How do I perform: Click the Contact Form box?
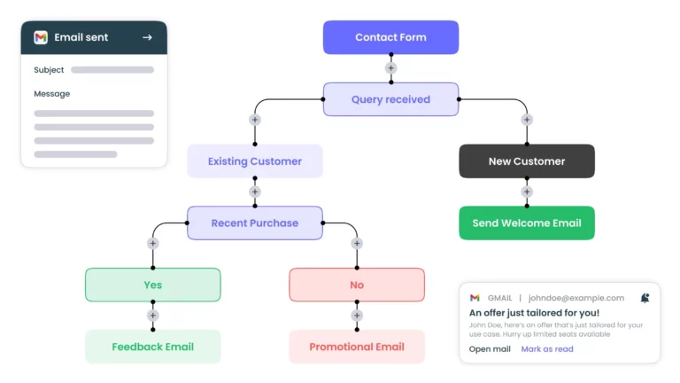click(x=390, y=37)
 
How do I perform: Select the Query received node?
click(x=390, y=99)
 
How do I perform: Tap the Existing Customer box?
click(x=255, y=161)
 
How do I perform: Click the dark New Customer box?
click(x=527, y=161)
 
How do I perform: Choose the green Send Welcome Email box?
click(x=527, y=223)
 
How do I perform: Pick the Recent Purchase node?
click(x=255, y=223)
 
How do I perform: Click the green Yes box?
click(x=152, y=285)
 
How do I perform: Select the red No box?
click(x=357, y=285)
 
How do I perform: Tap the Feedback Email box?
click(x=152, y=347)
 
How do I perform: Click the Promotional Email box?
click(x=357, y=347)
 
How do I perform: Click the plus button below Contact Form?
click(x=390, y=68)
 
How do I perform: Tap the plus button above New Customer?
click(x=527, y=120)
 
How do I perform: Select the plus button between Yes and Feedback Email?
click(x=152, y=316)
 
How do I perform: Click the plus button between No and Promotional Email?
click(x=357, y=316)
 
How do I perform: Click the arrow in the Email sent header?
click(x=147, y=37)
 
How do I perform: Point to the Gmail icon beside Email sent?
click(x=41, y=37)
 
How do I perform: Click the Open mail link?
click(x=490, y=349)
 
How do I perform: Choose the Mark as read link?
click(x=547, y=349)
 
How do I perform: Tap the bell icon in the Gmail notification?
click(x=645, y=298)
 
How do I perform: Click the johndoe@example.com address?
click(x=576, y=298)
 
